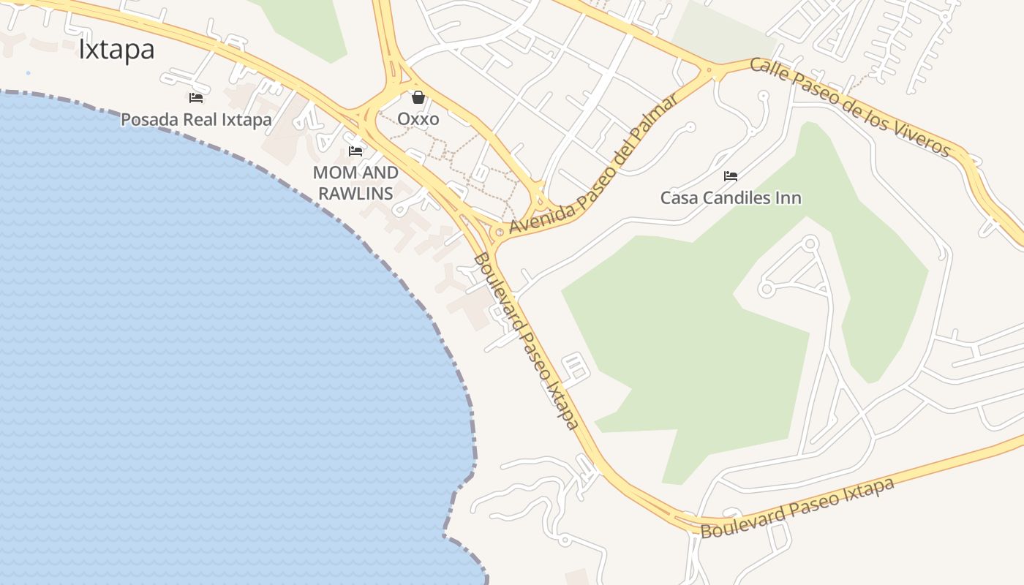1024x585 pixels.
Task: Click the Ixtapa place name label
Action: pyautogui.click(x=116, y=50)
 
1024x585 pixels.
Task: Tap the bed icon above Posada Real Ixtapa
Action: pyautogui.click(x=195, y=97)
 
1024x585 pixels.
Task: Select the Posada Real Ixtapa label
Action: pyautogui.click(x=196, y=119)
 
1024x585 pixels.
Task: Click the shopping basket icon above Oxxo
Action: pyautogui.click(x=418, y=97)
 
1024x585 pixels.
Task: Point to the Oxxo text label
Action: pyautogui.click(x=418, y=118)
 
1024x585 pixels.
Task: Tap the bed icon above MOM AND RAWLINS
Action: pyautogui.click(x=355, y=151)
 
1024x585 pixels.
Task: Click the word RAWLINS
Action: pyautogui.click(x=355, y=193)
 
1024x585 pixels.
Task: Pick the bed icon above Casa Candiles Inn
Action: pyautogui.click(x=730, y=176)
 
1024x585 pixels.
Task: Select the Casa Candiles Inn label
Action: pyautogui.click(x=731, y=197)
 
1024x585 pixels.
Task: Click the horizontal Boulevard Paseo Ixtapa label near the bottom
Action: pyautogui.click(x=797, y=507)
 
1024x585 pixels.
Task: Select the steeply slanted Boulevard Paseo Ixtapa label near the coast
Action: pyautogui.click(x=526, y=341)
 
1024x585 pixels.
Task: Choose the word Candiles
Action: pyautogui.click(x=731, y=197)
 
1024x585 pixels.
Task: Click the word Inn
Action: pyautogui.click(x=788, y=197)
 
